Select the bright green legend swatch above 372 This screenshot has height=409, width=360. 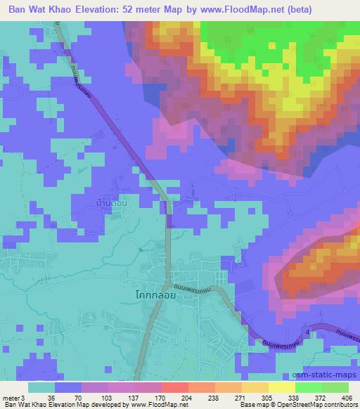point(308,387)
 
